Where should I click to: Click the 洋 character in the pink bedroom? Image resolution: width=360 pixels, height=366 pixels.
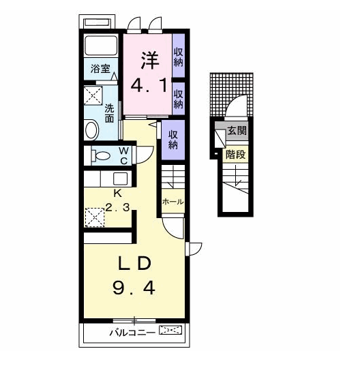click(150, 60)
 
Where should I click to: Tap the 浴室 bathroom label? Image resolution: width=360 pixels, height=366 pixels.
click(100, 69)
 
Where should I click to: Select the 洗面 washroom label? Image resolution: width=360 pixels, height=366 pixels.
click(109, 113)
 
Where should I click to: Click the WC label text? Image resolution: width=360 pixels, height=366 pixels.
click(123, 155)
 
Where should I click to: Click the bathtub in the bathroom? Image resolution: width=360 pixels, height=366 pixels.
click(101, 45)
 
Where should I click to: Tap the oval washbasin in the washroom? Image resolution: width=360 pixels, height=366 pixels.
click(91, 130)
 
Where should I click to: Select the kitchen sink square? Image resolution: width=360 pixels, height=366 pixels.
click(120, 179)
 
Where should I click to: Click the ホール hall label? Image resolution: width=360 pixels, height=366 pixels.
click(172, 202)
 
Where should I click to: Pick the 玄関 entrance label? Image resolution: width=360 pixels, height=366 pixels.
click(237, 131)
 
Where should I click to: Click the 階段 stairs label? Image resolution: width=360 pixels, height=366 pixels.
click(235, 155)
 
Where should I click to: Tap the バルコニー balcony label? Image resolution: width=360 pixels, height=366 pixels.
click(132, 333)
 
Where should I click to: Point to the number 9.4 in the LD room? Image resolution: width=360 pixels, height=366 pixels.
click(134, 288)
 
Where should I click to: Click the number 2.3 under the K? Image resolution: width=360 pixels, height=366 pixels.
click(117, 207)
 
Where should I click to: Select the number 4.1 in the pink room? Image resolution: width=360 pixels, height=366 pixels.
click(149, 85)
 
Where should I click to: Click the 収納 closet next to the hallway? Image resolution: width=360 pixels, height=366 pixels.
click(173, 140)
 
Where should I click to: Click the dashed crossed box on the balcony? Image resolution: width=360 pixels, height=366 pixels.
click(170, 331)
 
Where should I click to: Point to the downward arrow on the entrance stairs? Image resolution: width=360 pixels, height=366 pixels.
click(237, 176)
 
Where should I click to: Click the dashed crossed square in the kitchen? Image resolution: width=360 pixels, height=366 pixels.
click(95, 217)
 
